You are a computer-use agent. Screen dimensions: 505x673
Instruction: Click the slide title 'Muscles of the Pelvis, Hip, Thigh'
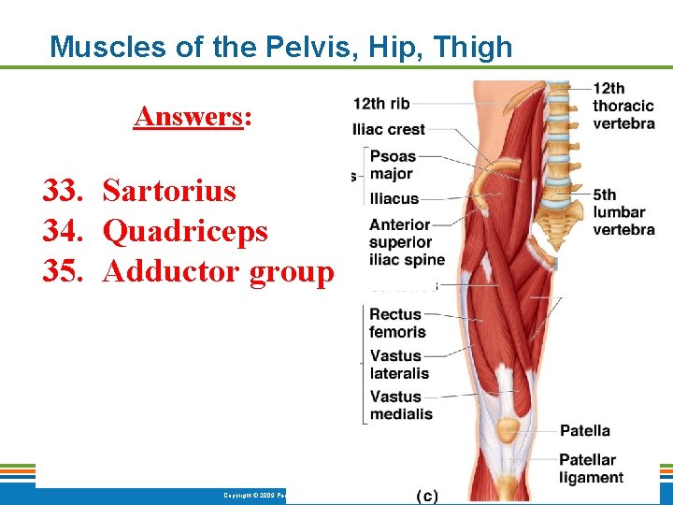280,46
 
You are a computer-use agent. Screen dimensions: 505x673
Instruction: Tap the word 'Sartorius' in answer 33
169,191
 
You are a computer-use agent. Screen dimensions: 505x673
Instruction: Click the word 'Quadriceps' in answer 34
185,230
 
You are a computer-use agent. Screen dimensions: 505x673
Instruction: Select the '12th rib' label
381,103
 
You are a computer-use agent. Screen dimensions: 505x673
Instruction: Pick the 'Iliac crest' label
389,129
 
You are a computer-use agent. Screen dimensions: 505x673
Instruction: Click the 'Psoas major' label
393,165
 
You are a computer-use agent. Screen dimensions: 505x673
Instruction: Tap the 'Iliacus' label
394,198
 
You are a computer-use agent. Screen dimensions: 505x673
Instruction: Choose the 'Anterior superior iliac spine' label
407,242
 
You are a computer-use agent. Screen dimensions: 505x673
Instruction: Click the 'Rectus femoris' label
397,323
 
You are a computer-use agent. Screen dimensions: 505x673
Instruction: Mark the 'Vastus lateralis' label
399,365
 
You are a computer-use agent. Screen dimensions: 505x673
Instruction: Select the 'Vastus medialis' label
401,405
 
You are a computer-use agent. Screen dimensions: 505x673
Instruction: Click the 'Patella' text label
584,431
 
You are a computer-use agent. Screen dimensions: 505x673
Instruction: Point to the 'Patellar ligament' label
591,469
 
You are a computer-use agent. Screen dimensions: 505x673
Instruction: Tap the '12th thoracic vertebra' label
623,106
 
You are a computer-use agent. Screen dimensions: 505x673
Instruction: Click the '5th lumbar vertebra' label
623,212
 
